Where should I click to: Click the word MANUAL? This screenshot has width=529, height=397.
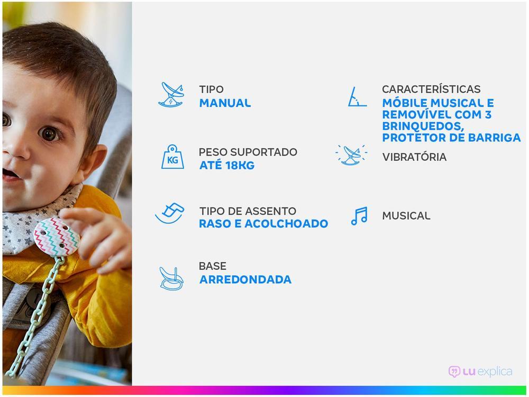click(x=225, y=103)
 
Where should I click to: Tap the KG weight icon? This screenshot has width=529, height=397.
click(x=172, y=157)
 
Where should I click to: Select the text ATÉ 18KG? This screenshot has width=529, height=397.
click(x=227, y=165)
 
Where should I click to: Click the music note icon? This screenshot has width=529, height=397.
click(x=359, y=216)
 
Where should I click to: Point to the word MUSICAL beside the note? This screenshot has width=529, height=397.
click(x=406, y=216)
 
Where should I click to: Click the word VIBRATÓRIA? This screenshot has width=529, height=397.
click(x=414, y=157)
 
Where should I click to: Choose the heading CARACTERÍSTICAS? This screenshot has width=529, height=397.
click(x=431, y=89)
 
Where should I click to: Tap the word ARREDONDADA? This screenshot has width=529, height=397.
click(x=245, y=279)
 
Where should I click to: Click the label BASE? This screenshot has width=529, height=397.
click(x=213, y=266)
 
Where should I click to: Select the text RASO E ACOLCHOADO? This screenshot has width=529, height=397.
click(x=263, y=223)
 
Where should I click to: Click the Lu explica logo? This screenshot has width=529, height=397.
click(x=480, y=372)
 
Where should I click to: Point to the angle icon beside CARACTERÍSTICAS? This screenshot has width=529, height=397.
click(x=357, y=97)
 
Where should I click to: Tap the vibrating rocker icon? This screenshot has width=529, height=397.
click(x=352, y=155)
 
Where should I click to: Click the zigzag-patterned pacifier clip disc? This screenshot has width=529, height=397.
click(x=57, y=237)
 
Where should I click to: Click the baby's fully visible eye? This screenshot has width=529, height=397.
click(x=49, y=134)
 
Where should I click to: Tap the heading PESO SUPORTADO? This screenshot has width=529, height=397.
click(x=248, y=152)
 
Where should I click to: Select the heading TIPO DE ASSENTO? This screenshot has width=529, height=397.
click(x=248, y=211)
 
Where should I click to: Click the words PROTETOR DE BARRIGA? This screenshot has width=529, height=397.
click(x=451, y=138)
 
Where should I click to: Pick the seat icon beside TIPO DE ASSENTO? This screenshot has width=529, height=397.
click(x=170, y=213)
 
